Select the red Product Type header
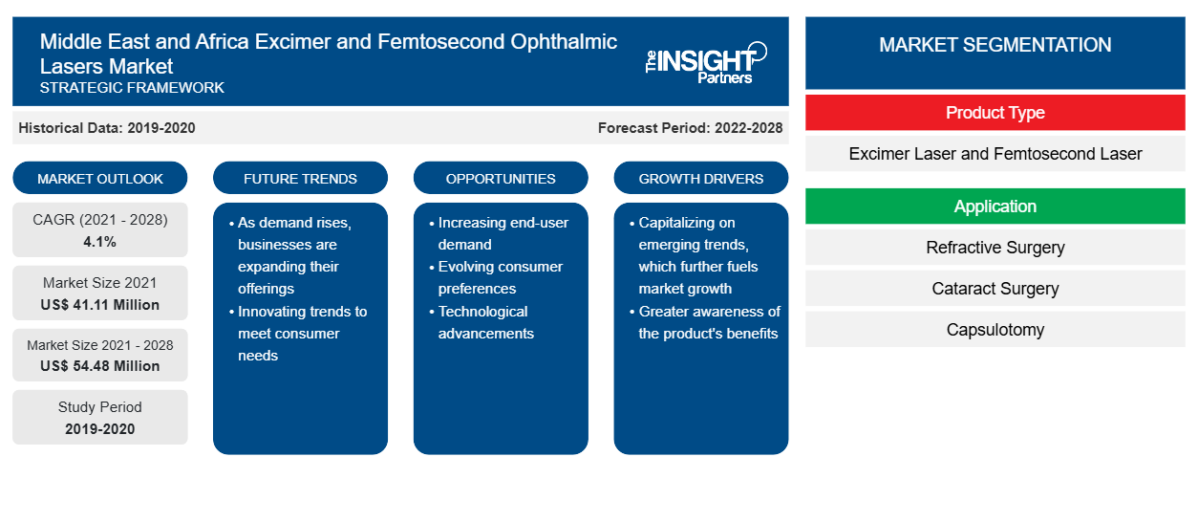[995, 113]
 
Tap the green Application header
[995, 207]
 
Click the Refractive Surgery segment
[995, 248]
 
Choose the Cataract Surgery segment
[995, 289]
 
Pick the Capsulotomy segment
[995, 329]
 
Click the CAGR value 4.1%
[99, 242]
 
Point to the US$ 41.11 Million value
[99, 305]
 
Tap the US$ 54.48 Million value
[99, 365]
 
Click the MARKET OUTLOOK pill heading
[100, 178]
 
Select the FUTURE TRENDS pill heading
[300, 178]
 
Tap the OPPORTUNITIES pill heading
[501, 178]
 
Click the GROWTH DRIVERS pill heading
[700, 178]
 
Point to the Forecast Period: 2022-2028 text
[690, 128]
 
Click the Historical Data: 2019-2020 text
[107, 128]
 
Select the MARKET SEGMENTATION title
[995, 45]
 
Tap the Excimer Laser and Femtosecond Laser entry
[995, 154]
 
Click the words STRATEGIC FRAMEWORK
[132, 88]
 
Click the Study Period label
[99, 407]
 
